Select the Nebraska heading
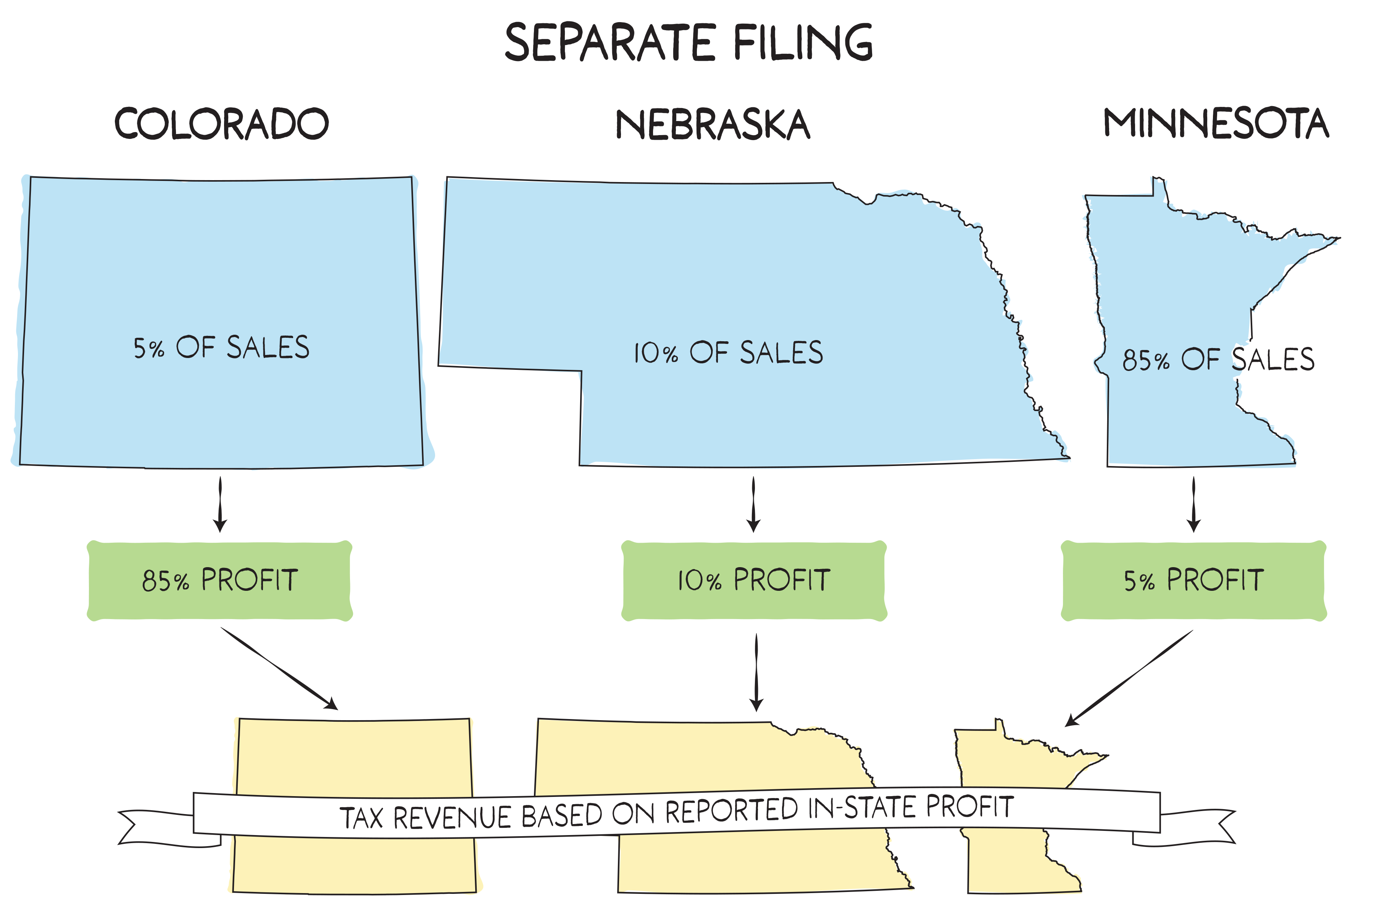pyautogui.click(x=713, y=124)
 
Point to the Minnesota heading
pyautogui.click(x=1216, y=123)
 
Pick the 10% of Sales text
pyautogui.click(x=729, y=353)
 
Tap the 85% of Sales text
pyautogui.click(x=1218, y=359)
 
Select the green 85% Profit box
pyautogui.click(x=220, y=580)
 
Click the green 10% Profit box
pyautogui.click(x=753, y=580)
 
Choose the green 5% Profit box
pyautogui.click(x=1193, y=580)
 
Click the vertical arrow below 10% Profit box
pyautogui.click(x=756, y=672)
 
